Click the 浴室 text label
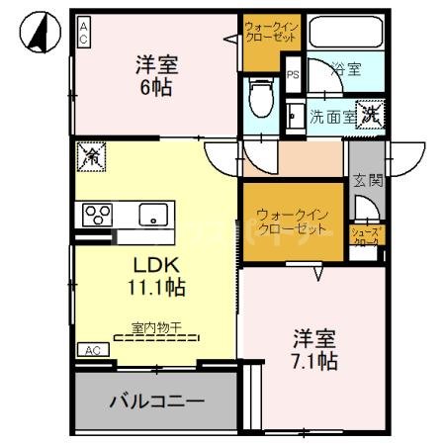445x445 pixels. (346, 70)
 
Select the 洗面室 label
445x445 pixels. (332, 116)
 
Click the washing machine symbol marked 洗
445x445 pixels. (370, 114)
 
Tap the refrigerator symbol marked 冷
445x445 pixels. (91, 155)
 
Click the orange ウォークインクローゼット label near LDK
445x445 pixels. (291, 222)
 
